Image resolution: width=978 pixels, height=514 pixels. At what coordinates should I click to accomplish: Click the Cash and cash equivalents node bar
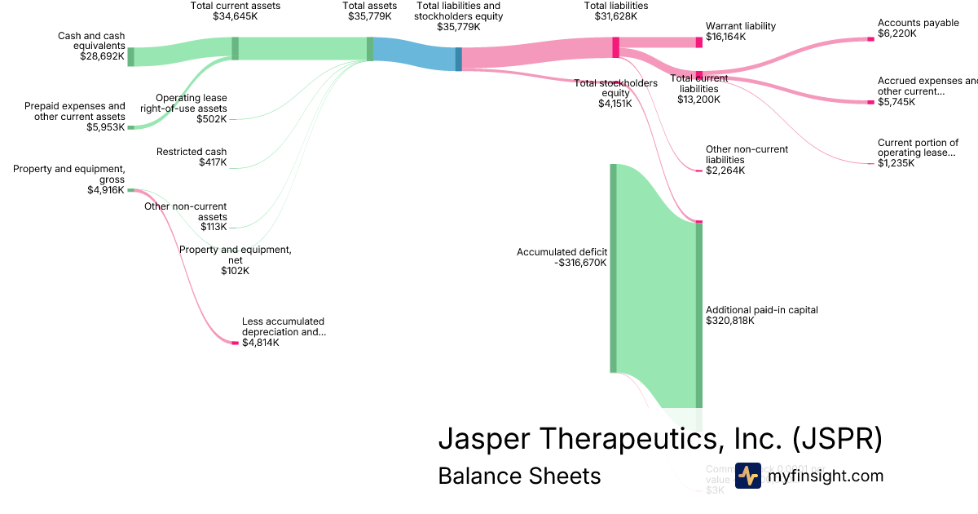(x=130, y=56)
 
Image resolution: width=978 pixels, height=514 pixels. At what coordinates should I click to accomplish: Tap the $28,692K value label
(x=102, y=57)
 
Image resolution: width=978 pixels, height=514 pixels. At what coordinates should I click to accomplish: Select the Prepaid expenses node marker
(x=130, y=127)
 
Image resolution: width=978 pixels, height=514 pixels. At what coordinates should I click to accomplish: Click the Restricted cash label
(x=192, y=152)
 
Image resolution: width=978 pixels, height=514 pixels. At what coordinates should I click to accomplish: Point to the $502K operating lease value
(x=212, y=119)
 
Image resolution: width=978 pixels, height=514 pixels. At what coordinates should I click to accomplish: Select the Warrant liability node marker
(x=698, y=42)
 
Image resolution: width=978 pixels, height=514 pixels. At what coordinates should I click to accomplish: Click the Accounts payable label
(x=919, y=23)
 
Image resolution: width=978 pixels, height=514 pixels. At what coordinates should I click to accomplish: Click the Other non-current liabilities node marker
(x=698, y=171)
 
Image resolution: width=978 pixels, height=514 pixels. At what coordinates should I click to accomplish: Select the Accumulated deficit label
(x=562, y=252)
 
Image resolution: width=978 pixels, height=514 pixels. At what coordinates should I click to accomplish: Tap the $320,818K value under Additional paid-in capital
(x=730, y=321)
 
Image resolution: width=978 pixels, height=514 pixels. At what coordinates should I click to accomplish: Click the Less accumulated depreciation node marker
(x=235, y=343)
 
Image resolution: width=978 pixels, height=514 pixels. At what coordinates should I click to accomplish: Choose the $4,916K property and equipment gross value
(x=106, y=190)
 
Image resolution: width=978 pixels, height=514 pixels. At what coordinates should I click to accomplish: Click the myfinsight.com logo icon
(x=747, y=476)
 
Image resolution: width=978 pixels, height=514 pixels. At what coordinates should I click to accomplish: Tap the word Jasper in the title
(x=484, y=438)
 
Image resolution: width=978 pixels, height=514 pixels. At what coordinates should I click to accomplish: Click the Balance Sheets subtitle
(x=519, y=476)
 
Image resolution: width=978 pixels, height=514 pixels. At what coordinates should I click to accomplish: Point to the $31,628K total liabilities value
(x=616, y=16)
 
